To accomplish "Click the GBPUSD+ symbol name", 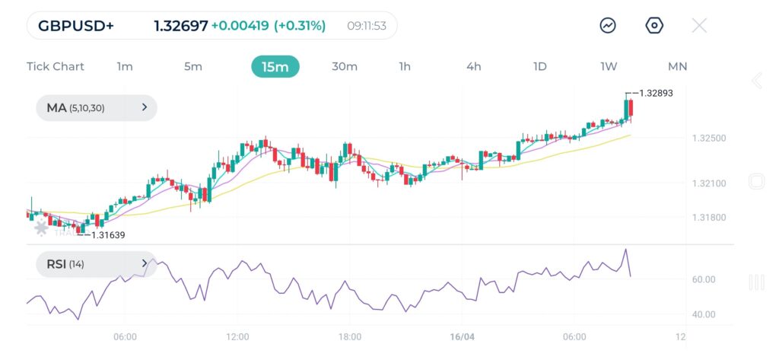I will (76, 26).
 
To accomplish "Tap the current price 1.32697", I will (180, 26).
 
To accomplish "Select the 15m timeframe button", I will (275, 66).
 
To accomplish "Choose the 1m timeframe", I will (125, 66).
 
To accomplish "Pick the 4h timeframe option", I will (473, 66).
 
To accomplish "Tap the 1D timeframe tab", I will (539, 66).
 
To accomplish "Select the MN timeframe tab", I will (677, 66).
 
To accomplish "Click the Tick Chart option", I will (56, 66).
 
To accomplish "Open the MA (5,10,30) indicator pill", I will (96, 108).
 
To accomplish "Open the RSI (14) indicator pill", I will (96, 264).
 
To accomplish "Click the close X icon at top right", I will (699, 25).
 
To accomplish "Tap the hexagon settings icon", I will (654, 25).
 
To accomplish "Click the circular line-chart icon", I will (608, 25).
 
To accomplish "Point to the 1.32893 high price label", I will (656, 93).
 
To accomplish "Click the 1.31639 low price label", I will (107, 235).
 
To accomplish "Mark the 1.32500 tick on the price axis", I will (709, 139).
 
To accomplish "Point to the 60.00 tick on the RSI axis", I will (704, 279).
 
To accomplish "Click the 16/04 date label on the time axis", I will (462, 336).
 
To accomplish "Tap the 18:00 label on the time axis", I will (349, 336).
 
